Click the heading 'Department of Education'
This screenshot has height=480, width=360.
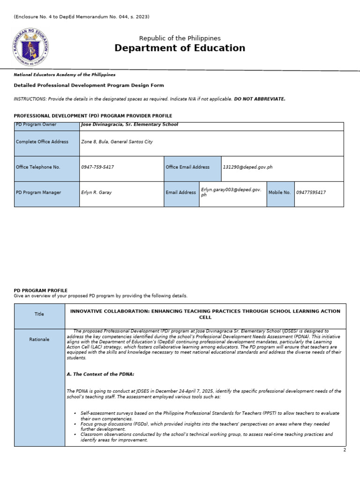(180, 48)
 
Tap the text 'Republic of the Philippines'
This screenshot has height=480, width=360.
(180, 38)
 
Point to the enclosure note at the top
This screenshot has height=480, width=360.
(82, 17)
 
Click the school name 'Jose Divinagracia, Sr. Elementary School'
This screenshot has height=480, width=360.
(129, 125)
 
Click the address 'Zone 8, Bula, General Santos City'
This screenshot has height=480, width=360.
(117, 142)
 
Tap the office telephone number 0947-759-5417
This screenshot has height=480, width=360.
(97, 167)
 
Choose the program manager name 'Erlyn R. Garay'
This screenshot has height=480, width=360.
(97, 193)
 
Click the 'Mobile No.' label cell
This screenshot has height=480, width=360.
(280, 193)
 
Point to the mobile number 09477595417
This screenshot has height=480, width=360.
(311, 193)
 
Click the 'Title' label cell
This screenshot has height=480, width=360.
(39, 314)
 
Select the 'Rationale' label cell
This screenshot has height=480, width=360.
(39, 339)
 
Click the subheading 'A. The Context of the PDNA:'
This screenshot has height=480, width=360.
(101, 374)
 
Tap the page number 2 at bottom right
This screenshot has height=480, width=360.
(345, 450)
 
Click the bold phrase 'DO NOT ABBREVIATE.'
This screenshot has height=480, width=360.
(260, 99)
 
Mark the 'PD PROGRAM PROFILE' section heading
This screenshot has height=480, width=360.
(41, 291)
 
